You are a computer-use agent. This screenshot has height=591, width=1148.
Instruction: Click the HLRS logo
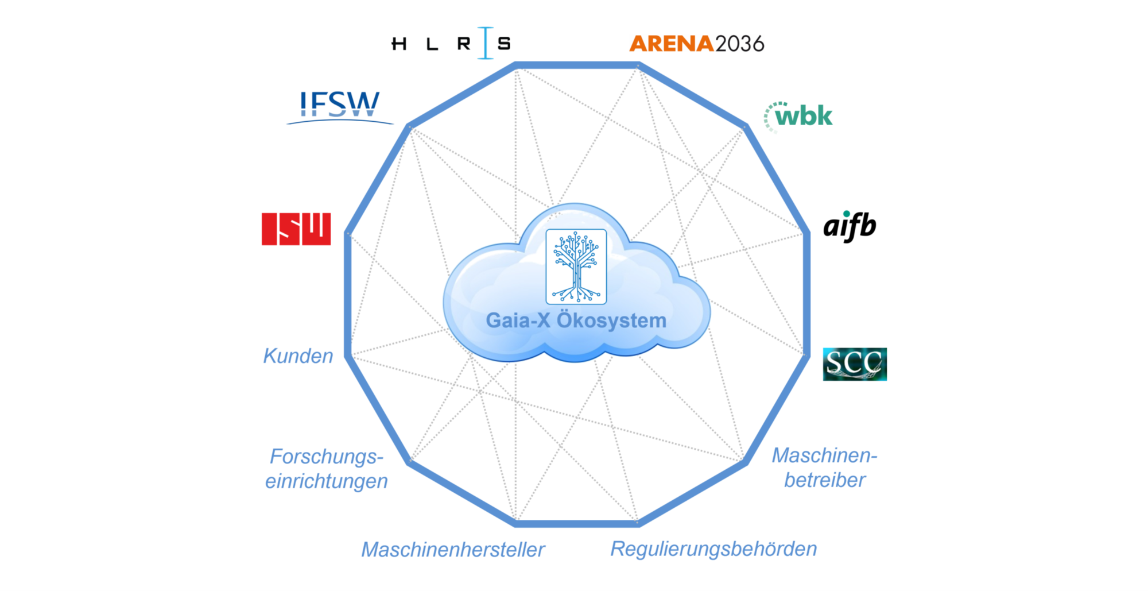tap(451, 43)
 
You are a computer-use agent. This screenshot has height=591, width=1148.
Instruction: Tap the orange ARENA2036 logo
tap(697, 44)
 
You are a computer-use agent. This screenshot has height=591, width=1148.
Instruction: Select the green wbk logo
tap(798, 117)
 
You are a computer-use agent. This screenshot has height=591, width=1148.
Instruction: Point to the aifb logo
tap(850, 226)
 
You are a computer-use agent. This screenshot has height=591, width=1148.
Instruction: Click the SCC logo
tap(855, 364)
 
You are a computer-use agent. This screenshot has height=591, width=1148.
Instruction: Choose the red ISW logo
tap(296, 229)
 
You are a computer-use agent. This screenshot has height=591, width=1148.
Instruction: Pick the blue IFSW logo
tap(340, 107)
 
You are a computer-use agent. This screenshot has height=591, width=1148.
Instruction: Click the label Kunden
tap(298, 356)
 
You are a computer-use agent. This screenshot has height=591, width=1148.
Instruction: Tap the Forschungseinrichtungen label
tap(326, 469)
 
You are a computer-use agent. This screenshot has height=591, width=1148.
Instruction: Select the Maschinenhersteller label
tap(453, 550)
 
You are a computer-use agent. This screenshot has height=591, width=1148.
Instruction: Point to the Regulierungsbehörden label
tap(713, 549)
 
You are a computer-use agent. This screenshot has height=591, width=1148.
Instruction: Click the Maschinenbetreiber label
tap(825, 468)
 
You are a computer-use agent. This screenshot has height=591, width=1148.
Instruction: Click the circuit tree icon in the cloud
tap(576, 266)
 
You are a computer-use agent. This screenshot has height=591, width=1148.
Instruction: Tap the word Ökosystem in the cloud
tap(612, 320)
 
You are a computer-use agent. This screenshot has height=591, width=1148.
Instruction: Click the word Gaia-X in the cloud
tap(518, 320)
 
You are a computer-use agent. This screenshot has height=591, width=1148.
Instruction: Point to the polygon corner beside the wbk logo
tap(746, 126)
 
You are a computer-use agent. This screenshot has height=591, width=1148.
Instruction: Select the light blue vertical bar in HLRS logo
tap(486, 43)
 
